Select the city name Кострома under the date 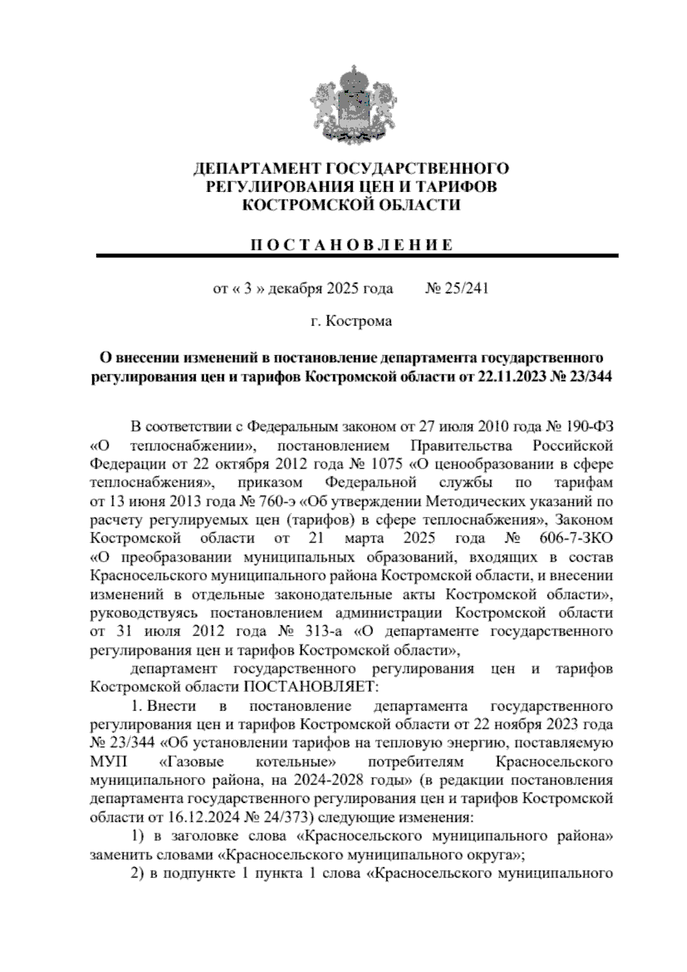tap(359, 322)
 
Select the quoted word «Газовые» tap(191, 762)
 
